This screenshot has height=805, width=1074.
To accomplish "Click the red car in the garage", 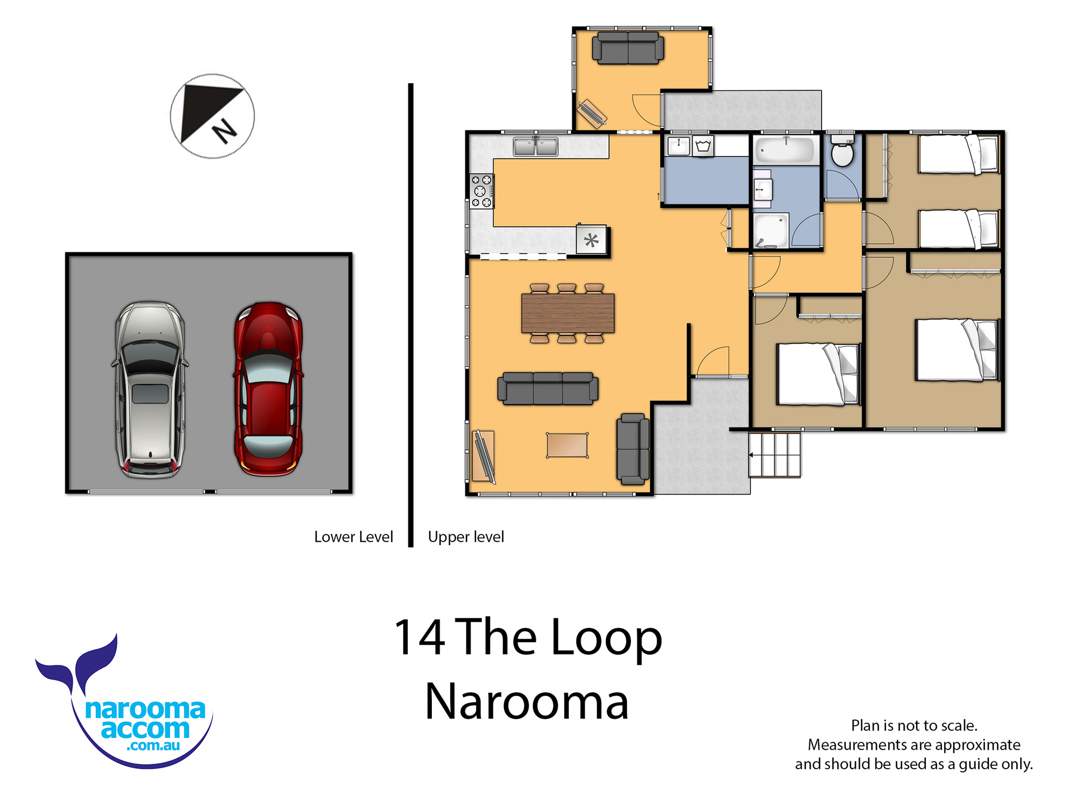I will pyautogui.click(x=268, y=389).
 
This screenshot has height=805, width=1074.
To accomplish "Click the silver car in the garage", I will pyautogui.click(x=150, y=390).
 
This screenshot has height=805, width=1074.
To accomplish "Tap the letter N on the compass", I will pyautogui.click(x=225, y=131).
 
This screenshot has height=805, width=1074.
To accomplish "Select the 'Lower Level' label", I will pyautogui.click(x=354, y=537).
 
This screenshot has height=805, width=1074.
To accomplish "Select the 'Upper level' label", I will pyautogui.click(x=466, y=537).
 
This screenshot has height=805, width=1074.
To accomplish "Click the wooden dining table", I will pyautogui.click(x=568, y=313).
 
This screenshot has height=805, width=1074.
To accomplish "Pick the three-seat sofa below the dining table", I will pyautogui.click(x=548, y=388).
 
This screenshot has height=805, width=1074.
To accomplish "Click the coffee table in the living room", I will pyautogui.click(x=567, y=446).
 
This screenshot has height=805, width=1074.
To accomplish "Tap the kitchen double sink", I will pyautogui.click(x=535, y=146).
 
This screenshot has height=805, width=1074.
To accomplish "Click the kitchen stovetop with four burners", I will pyautogui.click(x=481, y=191).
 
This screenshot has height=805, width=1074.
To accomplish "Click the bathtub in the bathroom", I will pyautogui.click(x=784, y=150).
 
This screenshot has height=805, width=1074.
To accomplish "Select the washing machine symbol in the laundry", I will pyautogui.click(x=703, y=146).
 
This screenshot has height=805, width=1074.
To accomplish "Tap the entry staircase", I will pyautogui.click(x=775, y=454).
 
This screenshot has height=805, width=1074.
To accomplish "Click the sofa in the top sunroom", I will pyautogui.click(x=628, y=48).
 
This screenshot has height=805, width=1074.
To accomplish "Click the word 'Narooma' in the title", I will pyautogui.click(x=527, y=702).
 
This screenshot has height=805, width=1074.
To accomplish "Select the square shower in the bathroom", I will pyautogui.click(x=770, y=230).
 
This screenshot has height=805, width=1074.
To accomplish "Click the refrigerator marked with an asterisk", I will pyautogui.click(x=591, y=240).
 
